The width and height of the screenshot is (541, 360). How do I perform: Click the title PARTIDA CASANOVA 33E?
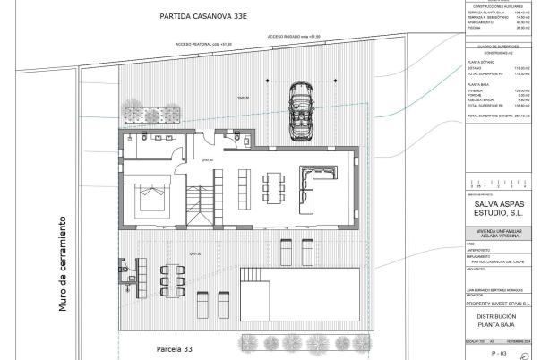pyautogui.click(x=205, y=16)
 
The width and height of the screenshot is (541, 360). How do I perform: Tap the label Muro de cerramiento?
pyautogui.click(x=64, y=263)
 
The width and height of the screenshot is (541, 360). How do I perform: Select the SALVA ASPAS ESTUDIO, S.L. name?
pyautogui.click(x=502, y=209)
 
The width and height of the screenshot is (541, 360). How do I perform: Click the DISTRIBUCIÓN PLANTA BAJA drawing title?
pyautogui.click(x=502, y=322)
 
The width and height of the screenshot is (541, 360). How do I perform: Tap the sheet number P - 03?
pyautogui.click(x=500, y=353)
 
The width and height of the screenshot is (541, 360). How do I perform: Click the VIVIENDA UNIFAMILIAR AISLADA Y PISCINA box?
pyautogui.click(x=502, y=235)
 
